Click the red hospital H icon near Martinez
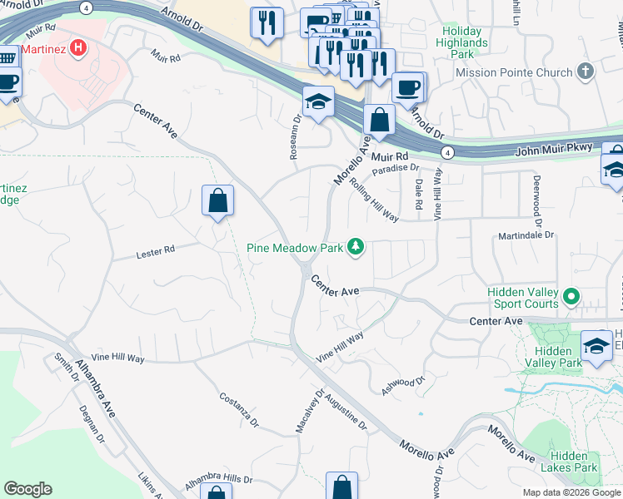point(79,47)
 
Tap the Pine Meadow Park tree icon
point(356,246)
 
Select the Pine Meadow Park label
point(295,247)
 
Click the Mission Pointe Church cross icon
point(586,72)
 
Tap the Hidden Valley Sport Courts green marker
point(571,296)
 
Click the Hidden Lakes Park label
point(575,462)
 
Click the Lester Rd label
point(156,249)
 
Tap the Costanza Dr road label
point(239,410)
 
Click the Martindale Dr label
point(526,235)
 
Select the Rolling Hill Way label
point(374,200)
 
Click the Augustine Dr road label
point(345,413)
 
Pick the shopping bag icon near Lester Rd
point(217,201)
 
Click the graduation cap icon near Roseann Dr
point(318,103)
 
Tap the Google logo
point(27,489)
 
